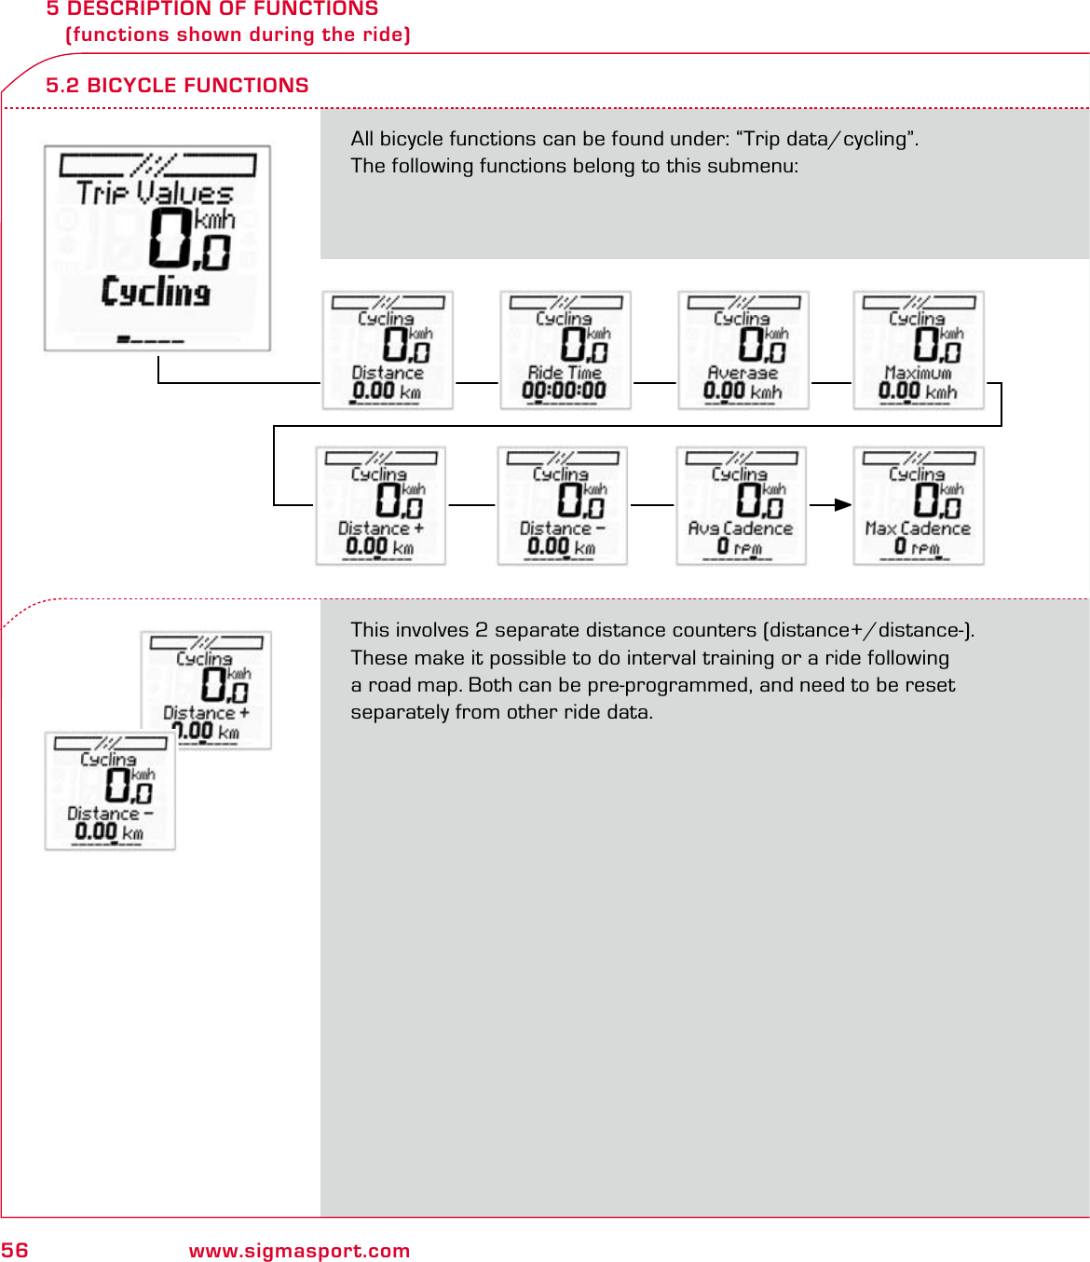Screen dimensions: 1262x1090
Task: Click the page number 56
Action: click(x=15, y=1250)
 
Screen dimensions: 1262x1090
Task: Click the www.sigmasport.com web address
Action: click(x=299, y=1251)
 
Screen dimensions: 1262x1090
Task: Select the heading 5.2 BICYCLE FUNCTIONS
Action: click(x=177, y=86)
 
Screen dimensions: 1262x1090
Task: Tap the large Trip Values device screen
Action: click(x=157, y=248)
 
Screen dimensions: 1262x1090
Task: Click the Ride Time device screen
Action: click(x=565, y=350)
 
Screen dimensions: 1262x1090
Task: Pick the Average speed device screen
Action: click(x=743, y=350)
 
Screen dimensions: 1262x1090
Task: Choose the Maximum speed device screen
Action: click(x=919, y=350)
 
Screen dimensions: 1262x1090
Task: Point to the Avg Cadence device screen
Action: click(x=741, y=505)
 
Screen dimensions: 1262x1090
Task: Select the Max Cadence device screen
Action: click(x=919, y=505)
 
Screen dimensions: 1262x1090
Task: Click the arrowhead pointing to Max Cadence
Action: click(x=843, y=505)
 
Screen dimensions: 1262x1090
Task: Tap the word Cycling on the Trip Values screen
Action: click(x=156, y=292)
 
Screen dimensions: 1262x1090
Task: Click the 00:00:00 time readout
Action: click(x=565, y=391)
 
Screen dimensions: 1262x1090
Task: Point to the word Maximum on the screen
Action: click(x=918, y=373)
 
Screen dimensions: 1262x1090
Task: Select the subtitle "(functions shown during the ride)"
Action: click(x=238, y=34)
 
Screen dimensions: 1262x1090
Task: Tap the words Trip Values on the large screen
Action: click(x=155, y=193)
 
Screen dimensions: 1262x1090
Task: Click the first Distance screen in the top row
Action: click(x=388, y=350)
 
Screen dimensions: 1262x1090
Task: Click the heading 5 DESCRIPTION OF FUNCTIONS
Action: click(x=212, y=9)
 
